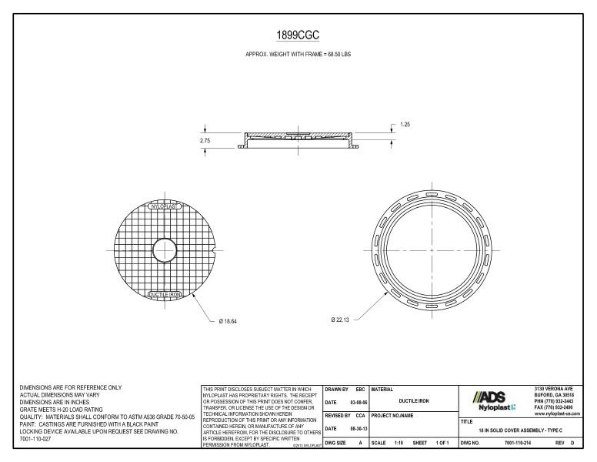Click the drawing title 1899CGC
coord(298,35)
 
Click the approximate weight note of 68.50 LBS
coord(298,56)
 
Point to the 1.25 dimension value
coord(405,125)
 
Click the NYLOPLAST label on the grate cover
coord(163,208)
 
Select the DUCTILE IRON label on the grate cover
coord(163,294)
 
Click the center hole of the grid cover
coord(164,250)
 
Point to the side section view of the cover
coord(299,141)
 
